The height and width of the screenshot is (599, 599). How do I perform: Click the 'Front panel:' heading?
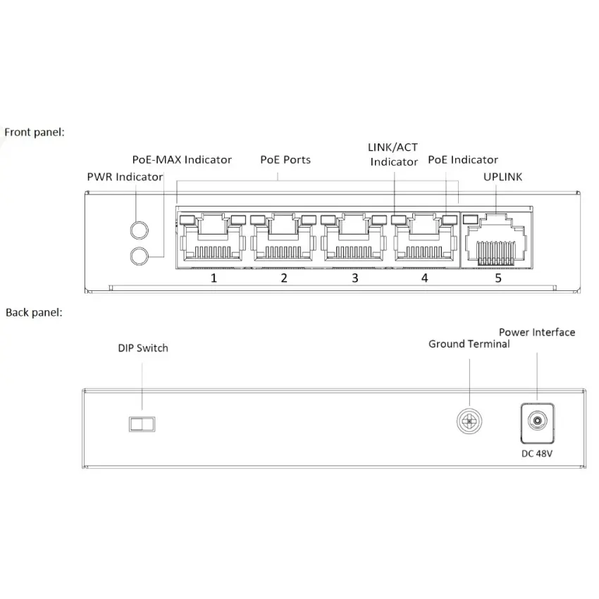[x=35, y=132]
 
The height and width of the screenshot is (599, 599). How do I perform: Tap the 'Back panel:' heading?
[x=34, y=312]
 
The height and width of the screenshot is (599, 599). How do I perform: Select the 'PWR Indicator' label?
[x=125, y=177]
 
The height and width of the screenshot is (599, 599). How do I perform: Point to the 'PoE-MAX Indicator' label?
[x=182, y=160]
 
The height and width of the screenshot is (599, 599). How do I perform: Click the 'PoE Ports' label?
[x=285, y=160]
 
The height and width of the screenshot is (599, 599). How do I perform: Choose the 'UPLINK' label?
[x=503, y=177]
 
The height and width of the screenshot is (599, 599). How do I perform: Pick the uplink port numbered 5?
[x=498, y=241]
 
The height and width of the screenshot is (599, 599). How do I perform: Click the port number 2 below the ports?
[x=284, y=278]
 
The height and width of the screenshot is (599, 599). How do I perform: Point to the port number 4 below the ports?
[x=424, y=278]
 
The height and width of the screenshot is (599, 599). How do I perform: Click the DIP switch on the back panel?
[x=142, y=424]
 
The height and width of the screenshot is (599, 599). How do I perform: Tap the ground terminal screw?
[x=469, y=421]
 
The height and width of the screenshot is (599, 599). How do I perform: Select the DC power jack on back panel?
[x=537, y=421]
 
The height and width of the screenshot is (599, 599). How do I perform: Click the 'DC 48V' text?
[x=537, y=454]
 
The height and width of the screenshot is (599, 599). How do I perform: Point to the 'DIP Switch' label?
[x=143, y=348]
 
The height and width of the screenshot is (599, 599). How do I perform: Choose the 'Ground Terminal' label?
[x=469, y=344]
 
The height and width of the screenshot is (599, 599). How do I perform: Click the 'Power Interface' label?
[x=537, y=332]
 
